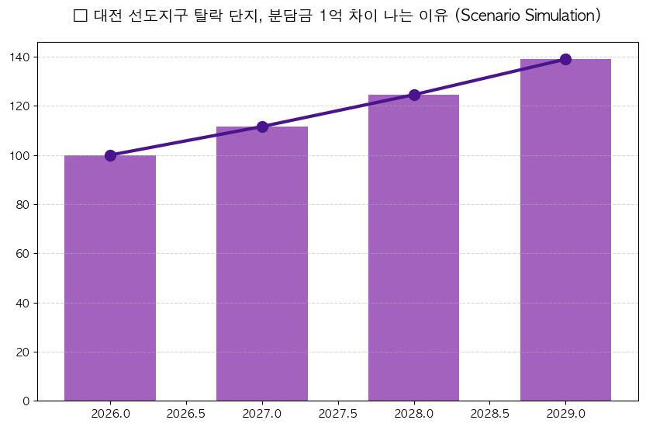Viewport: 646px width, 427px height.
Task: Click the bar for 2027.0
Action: (x=262, y=264)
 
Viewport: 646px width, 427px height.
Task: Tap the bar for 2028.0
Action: (x=414, y=248)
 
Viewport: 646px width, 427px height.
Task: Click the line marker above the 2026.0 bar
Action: (x=110, y=155)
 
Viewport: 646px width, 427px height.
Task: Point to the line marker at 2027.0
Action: (x=262, y=127)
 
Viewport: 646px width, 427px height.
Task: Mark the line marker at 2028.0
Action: (x=414, y=95)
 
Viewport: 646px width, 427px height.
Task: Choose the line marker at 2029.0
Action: (x=565, y=59)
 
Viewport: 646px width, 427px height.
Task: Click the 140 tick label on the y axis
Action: (x=20, y=57)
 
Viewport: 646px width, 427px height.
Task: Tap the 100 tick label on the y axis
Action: (x=20, y=155)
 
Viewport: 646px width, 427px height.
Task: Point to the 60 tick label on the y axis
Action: (x=23, y=254)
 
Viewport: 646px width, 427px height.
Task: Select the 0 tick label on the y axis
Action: (x=26, y=401)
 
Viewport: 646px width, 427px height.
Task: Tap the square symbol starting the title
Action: (x=80, y=16)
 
